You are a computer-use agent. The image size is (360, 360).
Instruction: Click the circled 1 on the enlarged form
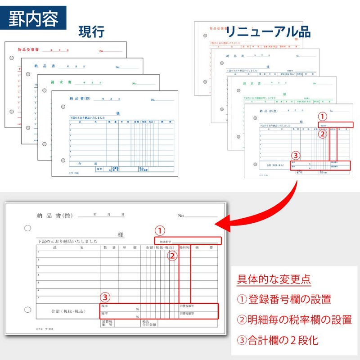[x=161, y=230]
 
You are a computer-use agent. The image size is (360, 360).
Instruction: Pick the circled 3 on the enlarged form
[x=105, y=297]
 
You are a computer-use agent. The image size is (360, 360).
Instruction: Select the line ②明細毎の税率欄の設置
[x=294, y=320]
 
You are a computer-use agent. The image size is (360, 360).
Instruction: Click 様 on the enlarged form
[x=121, y=235]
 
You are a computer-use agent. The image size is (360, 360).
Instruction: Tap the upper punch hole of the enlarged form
[x=28, y=228]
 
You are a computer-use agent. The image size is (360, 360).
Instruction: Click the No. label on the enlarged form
[x=181, y=216]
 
